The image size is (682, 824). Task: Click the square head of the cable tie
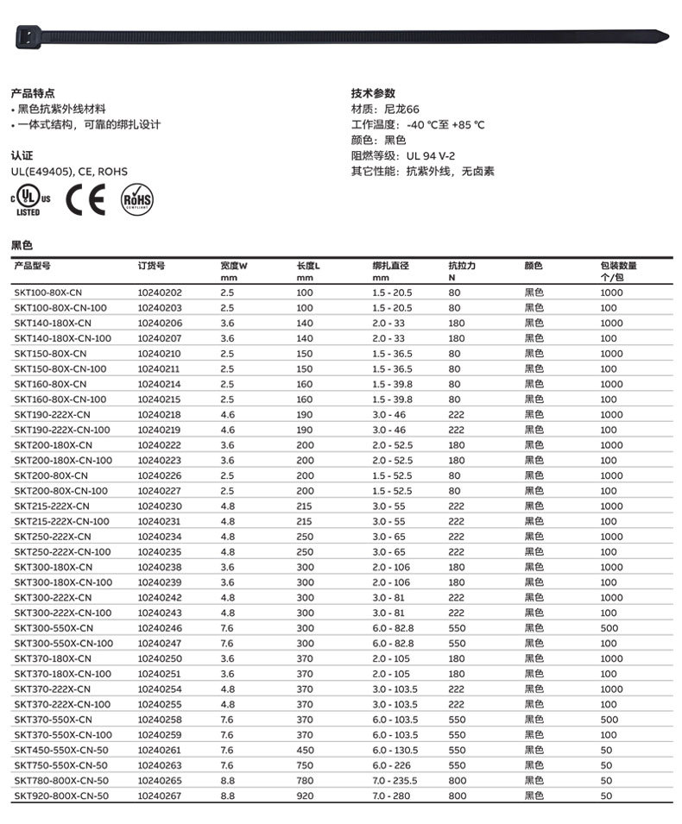tap(29, 35)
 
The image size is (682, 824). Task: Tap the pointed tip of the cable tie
tap(662, 36)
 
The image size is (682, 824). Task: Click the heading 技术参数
tap(373, 93)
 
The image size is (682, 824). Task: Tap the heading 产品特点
tap(33, 93)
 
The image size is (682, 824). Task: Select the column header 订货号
tap(151, 266)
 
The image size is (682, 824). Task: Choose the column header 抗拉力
tap(462, 266)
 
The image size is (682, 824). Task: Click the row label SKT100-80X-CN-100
tap(60, 308)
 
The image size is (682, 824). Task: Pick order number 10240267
tap(160, 796)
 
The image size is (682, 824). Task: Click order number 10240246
tap(160, 628)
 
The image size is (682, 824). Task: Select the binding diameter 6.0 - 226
tap(391, 765)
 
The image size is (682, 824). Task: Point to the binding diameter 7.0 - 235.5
tap(395, 781)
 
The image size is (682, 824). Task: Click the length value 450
tap(305, 750)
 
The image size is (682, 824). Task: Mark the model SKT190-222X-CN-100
tap(62, 430)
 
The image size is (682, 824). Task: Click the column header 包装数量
tap(618, 266)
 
